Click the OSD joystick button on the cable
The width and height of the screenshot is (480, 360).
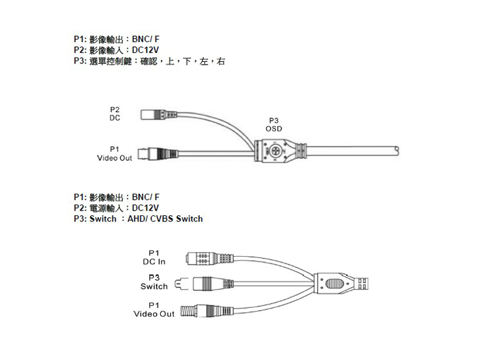[x=275, y=151]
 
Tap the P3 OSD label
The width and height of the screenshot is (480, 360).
[x=274, y=125]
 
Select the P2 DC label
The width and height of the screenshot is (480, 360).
[x=115, y=113]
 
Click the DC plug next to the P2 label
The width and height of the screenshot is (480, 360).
[x=159, y=115]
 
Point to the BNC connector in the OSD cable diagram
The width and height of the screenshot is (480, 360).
[x=158, y=154]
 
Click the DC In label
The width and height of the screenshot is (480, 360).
[x=154, y=262]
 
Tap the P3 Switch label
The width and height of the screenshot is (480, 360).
[x=154, y=282]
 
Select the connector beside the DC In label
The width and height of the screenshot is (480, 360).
[x=209, y=259]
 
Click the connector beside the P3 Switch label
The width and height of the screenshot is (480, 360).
[x=204, y=284]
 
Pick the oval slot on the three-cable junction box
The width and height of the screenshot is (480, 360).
[x=334, y=284]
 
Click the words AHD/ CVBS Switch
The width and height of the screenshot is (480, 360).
[x=165, y=219]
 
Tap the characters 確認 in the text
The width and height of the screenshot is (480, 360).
[x=149, y=61]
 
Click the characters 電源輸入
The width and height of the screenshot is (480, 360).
[x=106, y=208]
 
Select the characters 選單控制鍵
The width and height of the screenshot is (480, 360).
[x=110, y=61]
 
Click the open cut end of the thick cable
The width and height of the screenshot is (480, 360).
[x=397, y=151]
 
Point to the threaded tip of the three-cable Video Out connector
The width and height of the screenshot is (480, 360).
[x=188, y=311]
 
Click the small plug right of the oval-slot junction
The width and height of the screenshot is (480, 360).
[x=361, y=284]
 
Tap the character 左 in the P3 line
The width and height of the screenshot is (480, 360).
[x=204, y=61]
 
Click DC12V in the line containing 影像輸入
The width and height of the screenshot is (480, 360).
[x=145, y=50]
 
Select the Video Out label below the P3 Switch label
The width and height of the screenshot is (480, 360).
[x=154, y=314]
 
